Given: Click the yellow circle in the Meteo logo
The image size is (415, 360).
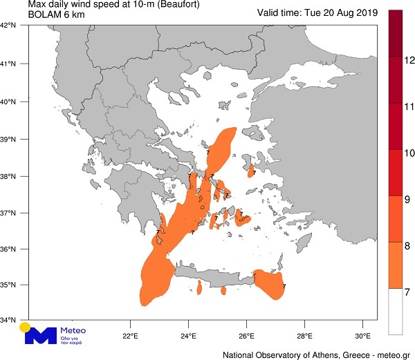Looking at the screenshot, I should [x=25, y=326].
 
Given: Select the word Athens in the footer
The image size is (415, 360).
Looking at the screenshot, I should [x=318, y=354].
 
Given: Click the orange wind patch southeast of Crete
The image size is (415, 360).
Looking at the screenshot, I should [x=268, y=283].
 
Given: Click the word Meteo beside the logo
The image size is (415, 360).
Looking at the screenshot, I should [x=71, y=331].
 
